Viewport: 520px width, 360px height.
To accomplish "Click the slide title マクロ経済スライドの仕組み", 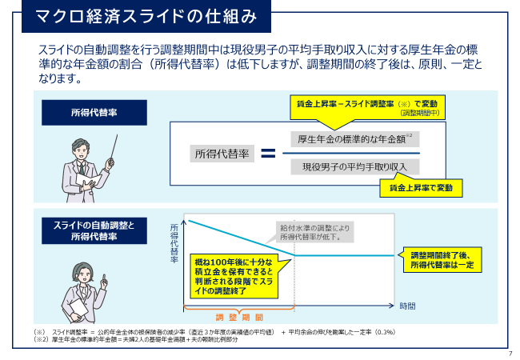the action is (146, 17).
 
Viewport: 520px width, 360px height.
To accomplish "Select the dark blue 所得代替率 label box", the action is (94, 113).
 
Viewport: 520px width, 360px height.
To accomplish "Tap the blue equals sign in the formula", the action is (268, 153).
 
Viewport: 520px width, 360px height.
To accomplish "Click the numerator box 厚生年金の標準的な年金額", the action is (355, 139).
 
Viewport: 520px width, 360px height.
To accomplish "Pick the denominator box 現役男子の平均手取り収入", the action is (355, 166).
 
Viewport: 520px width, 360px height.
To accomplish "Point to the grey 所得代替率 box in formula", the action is (222, 154).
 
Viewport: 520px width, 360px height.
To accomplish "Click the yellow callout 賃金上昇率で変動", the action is (421, 188).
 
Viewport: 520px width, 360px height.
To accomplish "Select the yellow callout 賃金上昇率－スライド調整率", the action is (367, 108).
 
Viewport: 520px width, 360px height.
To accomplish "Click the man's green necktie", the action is (82, 169).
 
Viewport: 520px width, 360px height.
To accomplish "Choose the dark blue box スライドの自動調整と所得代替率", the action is (94, 230).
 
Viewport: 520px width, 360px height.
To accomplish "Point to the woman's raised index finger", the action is (104, 278).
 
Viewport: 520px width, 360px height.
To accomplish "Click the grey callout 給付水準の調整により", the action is (314, 232).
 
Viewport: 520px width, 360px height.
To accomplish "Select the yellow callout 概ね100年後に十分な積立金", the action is (234, 276).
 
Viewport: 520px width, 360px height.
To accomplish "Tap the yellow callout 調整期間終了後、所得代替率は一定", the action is (440, 260).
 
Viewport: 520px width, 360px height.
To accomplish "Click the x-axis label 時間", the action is (407, 306).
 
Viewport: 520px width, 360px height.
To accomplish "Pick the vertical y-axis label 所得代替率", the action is (174, 243).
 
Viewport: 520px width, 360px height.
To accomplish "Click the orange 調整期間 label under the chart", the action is (239, 318).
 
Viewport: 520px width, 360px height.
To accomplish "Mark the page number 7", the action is (510, 354).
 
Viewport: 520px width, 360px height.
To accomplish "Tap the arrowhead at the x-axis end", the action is (392, 306).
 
